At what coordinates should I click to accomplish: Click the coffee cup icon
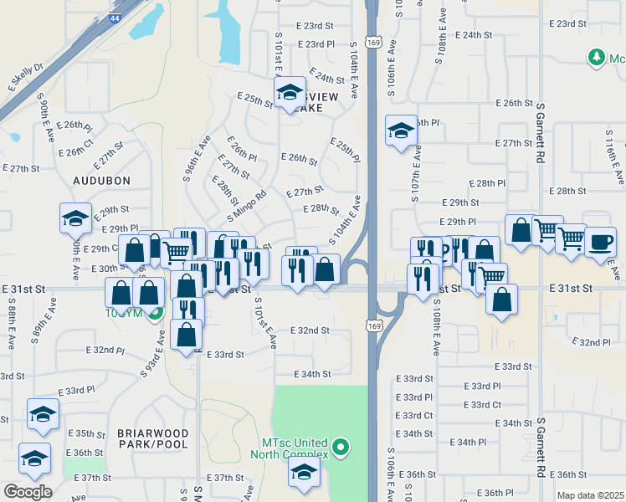click(599, 241)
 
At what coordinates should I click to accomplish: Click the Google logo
click(28, 492)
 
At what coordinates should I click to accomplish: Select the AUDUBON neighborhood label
click(101, 180)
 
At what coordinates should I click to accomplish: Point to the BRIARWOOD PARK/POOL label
click(153, 438)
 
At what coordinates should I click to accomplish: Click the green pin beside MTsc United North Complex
click(340, 448)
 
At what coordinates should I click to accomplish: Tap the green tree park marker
click(596, 58)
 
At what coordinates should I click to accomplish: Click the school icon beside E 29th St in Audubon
click(75, 218)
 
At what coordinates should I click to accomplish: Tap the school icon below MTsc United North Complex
click(303, 473)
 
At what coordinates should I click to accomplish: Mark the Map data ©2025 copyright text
click(589, 496)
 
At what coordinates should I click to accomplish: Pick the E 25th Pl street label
click(344, 151)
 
